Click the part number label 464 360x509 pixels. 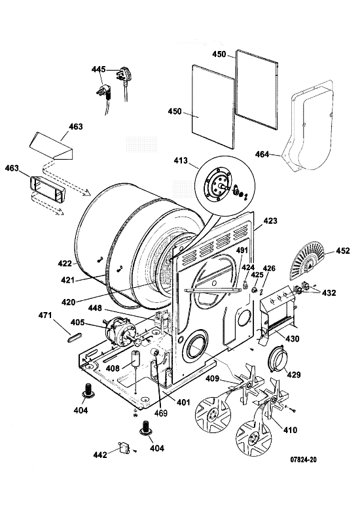point(262,154)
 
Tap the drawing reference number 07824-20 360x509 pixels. point(303,459)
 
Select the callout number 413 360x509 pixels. point(181,160)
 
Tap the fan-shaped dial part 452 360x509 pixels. point(307,260)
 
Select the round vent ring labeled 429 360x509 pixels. point(278,359)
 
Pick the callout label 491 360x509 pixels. point(242,251)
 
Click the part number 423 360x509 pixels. point(270,220)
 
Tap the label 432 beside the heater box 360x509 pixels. point(329,292)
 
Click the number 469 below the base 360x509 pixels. point(161,413)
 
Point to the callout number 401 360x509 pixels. point(183,402)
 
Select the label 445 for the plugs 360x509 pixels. point(98,69)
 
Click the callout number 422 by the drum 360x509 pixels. point(65,263)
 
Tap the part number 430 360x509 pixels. point(292,339)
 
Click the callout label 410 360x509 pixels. point(290,430)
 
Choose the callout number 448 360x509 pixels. point(94,307)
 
